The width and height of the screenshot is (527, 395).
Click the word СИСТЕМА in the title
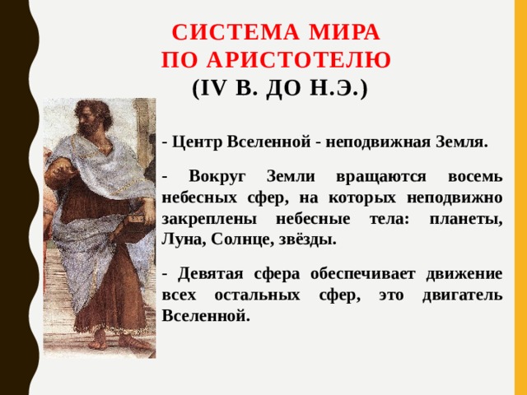pyautogui.click(x=222, y=34)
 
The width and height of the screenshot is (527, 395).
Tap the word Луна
pyautogui.click(x=183, y=240)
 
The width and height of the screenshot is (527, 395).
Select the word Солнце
pyautogui.click(x=240, y=240)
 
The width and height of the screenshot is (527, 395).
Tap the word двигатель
pyautogui.click(x=455, y=295)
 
